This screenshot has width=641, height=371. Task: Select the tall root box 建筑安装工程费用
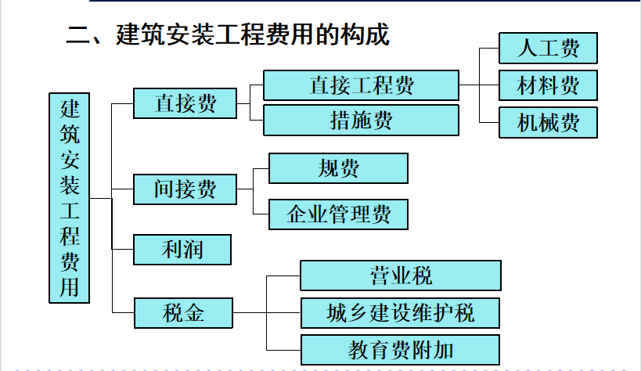70,198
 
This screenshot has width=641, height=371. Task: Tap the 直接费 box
185,103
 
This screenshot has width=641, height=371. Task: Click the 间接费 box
185,189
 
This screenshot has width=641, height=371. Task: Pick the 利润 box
182,250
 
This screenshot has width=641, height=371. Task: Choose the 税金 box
184,313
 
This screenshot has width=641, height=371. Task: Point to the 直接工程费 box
362,85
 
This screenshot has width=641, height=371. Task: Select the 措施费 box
362,121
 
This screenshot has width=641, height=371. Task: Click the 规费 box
338,168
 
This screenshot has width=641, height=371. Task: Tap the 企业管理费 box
338,214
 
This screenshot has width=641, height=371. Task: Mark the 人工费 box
548,49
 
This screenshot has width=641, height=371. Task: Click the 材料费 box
548,85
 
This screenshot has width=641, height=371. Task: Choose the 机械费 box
548,122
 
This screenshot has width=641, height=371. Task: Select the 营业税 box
401,276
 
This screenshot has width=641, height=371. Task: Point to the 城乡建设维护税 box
400,313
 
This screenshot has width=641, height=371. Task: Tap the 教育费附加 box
400,350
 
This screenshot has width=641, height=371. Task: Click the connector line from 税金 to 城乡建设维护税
267,313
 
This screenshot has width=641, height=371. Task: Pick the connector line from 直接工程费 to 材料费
479,85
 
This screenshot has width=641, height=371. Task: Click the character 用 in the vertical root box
70,287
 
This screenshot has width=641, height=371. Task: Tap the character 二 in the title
77,34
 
